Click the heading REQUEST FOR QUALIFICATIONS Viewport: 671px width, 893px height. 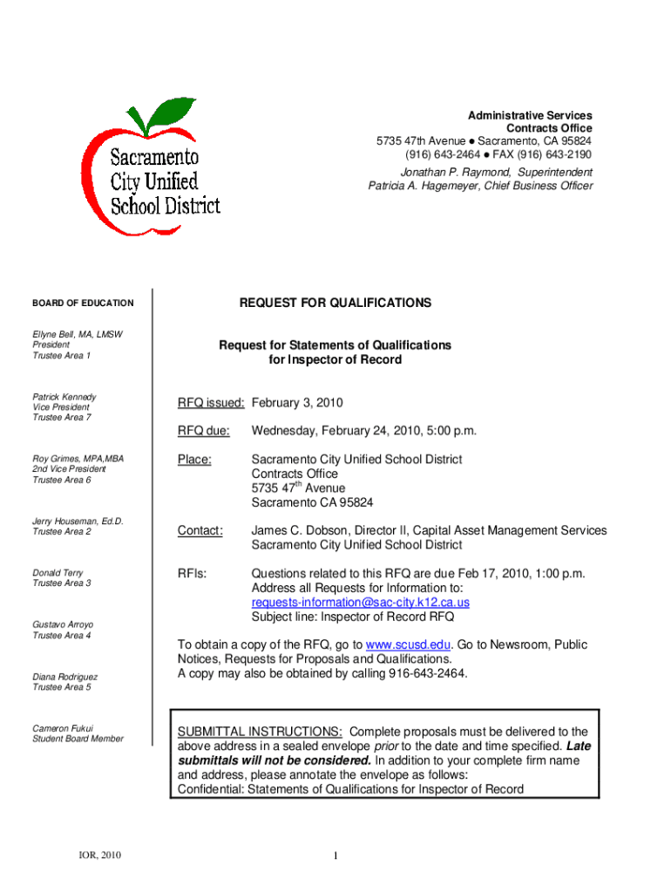pos(335,303)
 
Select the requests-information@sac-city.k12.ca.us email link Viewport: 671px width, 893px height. pos(361,603)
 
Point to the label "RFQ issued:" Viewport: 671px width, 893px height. pos(212,403)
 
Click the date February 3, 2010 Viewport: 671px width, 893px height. pos(297,403)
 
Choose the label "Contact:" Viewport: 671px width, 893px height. pos(200,530)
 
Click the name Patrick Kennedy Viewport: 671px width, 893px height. pos(64,397)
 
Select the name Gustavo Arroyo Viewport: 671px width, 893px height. pos(63,624)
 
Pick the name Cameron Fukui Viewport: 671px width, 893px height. pos(63,728)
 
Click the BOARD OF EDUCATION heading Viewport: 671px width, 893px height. pos(83,303)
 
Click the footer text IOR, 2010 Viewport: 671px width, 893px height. pos(98,855)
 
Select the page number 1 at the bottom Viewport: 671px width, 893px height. pos(335,856)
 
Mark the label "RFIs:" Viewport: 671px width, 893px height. pos(192,574)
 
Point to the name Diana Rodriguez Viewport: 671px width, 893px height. pos(65,677)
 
